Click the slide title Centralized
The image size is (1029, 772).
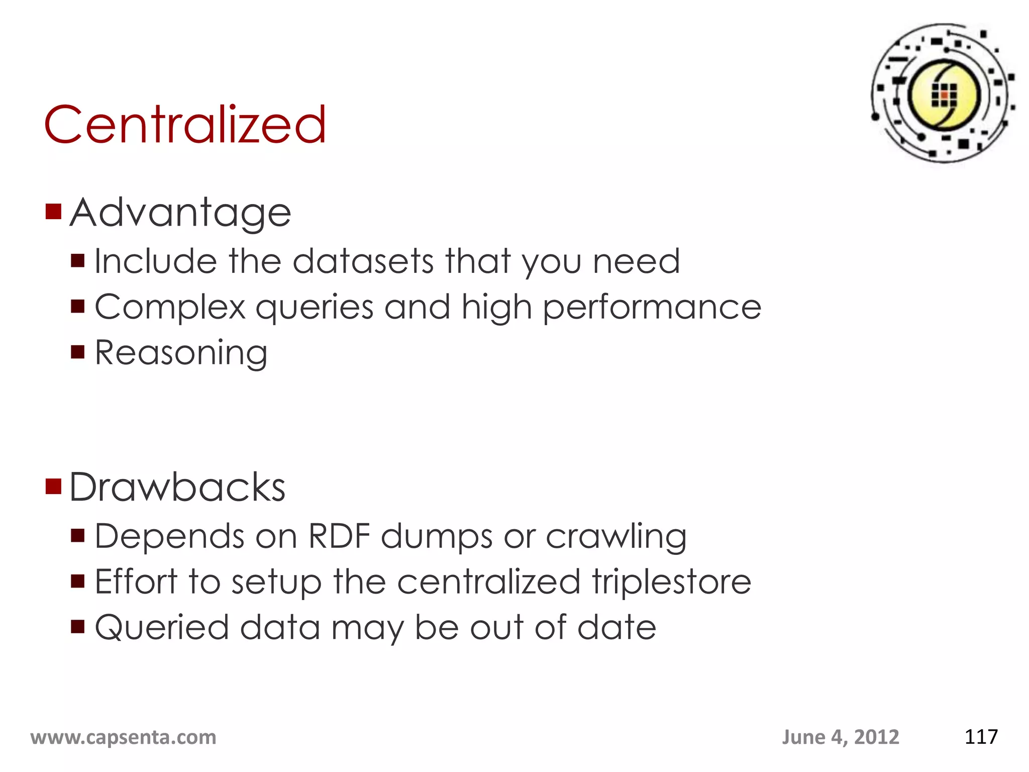click(185, 124)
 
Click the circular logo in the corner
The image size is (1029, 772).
click(944, 93)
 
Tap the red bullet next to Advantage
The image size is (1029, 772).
click(53, 212)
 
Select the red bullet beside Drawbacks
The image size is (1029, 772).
click(53, 487)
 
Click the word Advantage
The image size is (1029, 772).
click(180, 213)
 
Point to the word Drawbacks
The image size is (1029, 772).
click(177, 488)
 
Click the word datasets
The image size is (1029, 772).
click(363, 261)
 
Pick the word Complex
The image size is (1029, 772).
click(170, 308)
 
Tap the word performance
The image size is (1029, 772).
click(652, 308)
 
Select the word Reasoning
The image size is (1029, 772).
click(181, 353)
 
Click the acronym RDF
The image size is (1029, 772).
click(339, 536)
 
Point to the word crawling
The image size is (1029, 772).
click(616, 537)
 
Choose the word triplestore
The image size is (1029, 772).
click(671, 582)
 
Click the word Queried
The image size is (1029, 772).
click(162, 628)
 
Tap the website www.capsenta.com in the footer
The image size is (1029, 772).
click(124, 737)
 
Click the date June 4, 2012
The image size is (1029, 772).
click(840, 737)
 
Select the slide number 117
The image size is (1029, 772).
click(981, 737)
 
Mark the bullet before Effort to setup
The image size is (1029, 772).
click(78, 581)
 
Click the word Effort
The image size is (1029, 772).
click(136, 582)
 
